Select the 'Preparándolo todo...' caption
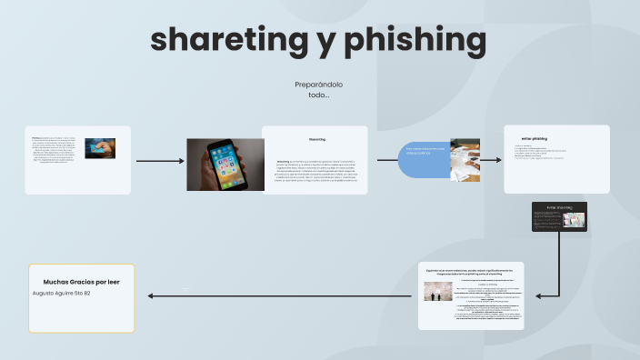pos(318,89)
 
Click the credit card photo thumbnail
pos(100,148)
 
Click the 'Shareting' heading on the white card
pos(316,140)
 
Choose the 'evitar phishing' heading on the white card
pos(535,138)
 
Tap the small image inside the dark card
pos(574,218)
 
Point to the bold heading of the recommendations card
pos(470,272)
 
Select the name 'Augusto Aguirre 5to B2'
pos(61,294)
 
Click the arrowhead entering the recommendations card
pos(540,295)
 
